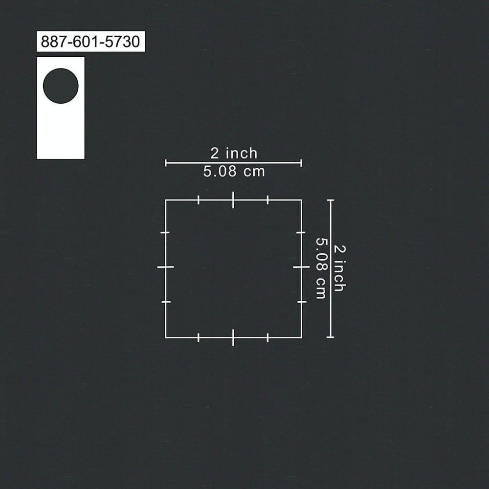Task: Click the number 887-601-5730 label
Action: tap(90, 42)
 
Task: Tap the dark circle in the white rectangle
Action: tap(61, 86)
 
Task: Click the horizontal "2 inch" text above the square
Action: tap(234, 153)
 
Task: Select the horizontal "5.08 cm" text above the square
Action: tap(234, 171)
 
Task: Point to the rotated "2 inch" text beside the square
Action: tap(340, 268)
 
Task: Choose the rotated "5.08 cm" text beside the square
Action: tap(321, 268)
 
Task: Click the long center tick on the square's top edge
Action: tap(233, 200)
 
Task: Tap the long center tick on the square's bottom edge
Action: tap(233, 337)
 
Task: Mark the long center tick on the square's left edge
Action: tap(165, 267)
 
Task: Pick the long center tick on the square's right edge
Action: tap(301, 267)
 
